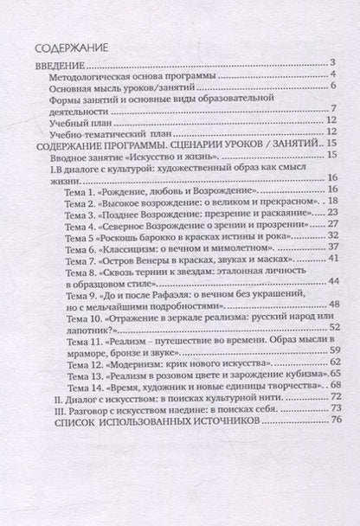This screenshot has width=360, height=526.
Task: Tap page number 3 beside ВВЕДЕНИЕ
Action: click(x=331, y=65)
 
